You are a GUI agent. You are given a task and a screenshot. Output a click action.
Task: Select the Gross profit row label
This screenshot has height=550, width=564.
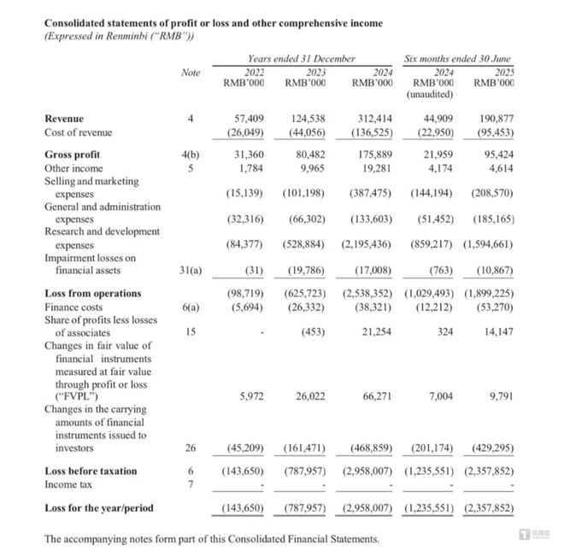tap(72, 155)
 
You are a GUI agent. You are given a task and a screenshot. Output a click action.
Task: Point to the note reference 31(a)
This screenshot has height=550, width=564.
tap(191, 270)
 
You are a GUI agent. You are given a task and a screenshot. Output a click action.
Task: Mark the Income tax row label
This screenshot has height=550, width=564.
tap(70, 484)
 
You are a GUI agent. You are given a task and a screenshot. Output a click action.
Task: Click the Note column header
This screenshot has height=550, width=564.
tap(191, 73)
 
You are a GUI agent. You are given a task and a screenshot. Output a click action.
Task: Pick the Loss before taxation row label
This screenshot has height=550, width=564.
tap(91, 471)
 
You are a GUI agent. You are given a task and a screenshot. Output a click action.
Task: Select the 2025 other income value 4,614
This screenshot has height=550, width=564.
tap(500, 168)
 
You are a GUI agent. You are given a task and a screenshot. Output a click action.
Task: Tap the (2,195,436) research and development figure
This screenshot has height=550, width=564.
tap(367, 244)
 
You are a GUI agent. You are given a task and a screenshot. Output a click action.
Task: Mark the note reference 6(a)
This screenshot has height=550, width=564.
tap(191, 307)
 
